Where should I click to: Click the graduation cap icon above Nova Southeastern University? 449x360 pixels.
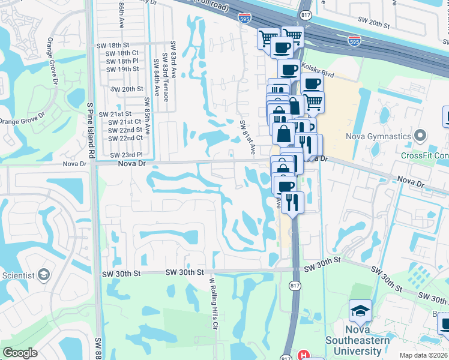point(360,311)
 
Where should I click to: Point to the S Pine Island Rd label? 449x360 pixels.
point(91,130)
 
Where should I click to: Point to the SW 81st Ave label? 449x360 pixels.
point(248,136)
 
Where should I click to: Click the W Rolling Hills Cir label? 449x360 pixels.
point(212,303)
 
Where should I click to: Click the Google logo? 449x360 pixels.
point(19,353)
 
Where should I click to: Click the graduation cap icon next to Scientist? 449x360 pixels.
point(43,275)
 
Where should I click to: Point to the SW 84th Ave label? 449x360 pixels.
point(157,75)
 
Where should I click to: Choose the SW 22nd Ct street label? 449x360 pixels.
point(126,138)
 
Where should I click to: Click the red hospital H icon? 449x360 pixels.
point(305,355)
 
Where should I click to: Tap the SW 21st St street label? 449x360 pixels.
point(119,114)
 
